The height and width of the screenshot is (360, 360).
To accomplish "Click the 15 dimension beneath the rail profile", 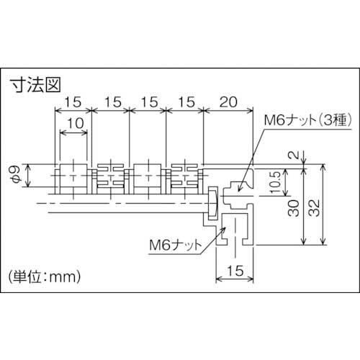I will (235, 272).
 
